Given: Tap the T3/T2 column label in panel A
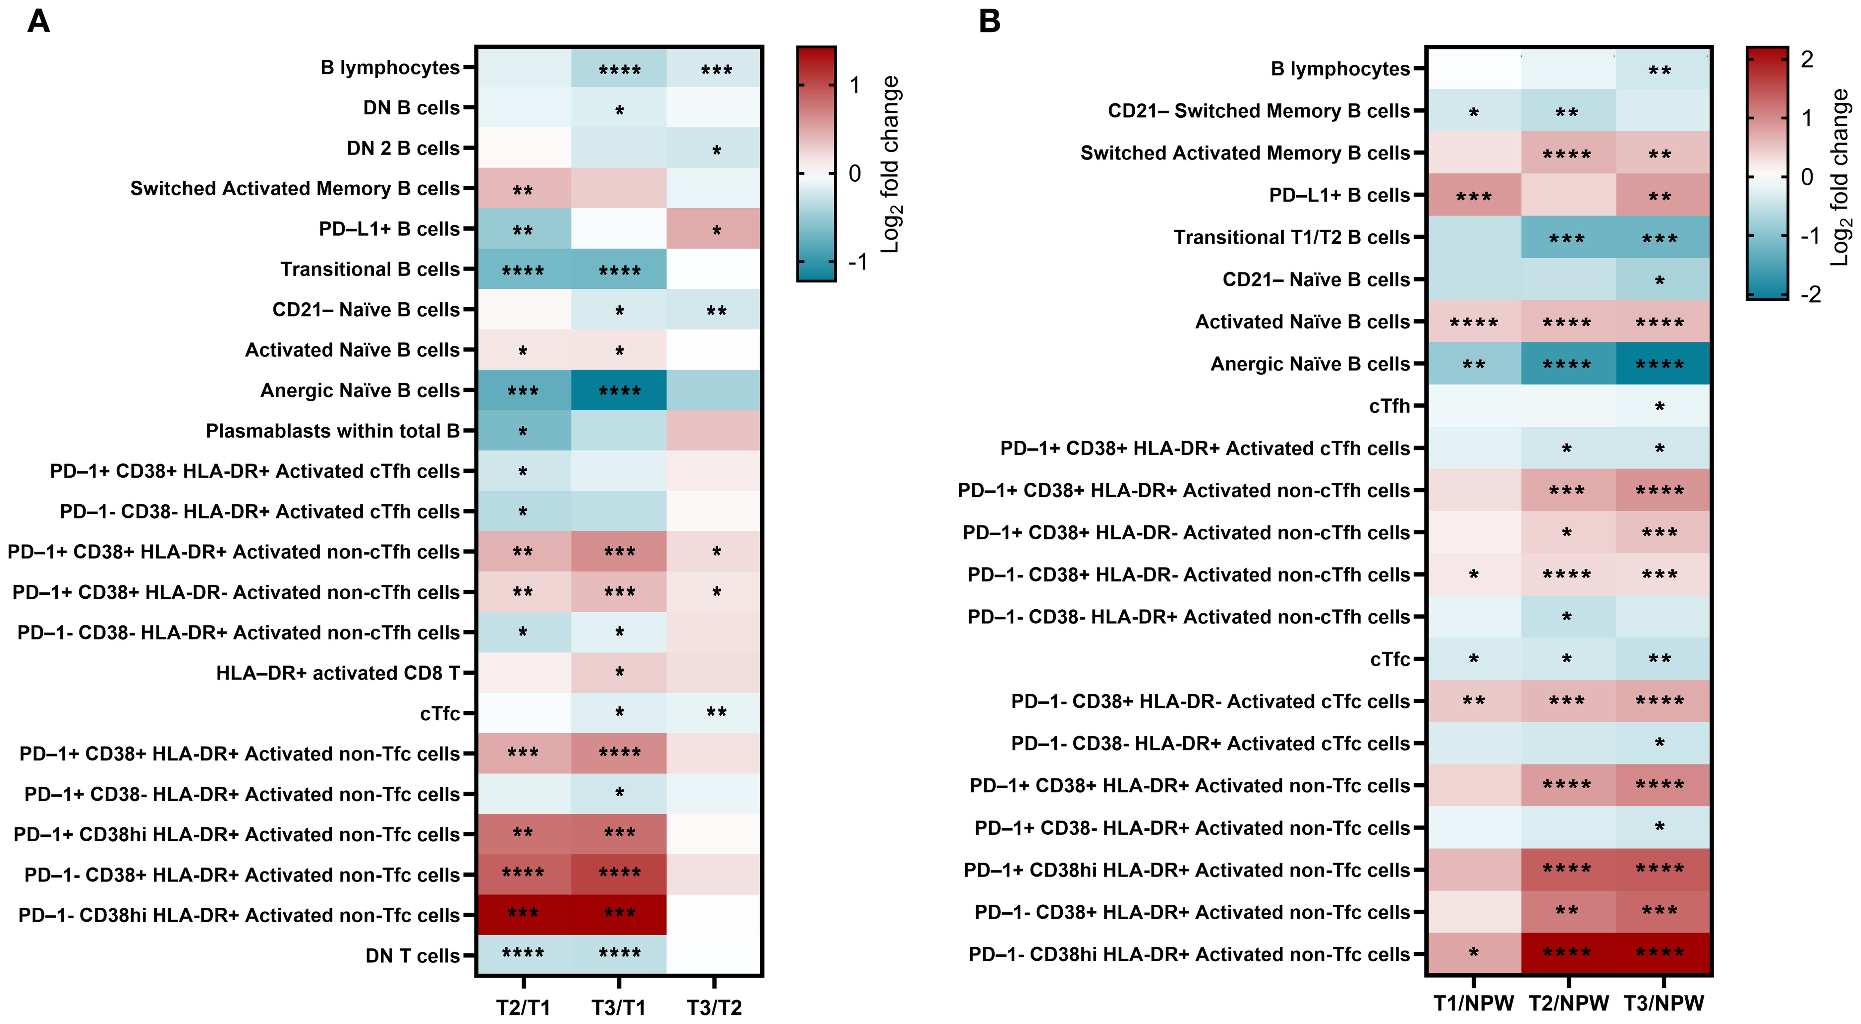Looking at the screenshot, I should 714,1007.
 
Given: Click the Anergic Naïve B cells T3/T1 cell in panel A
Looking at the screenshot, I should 619,390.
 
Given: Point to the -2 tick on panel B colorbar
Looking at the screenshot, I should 1810,295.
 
